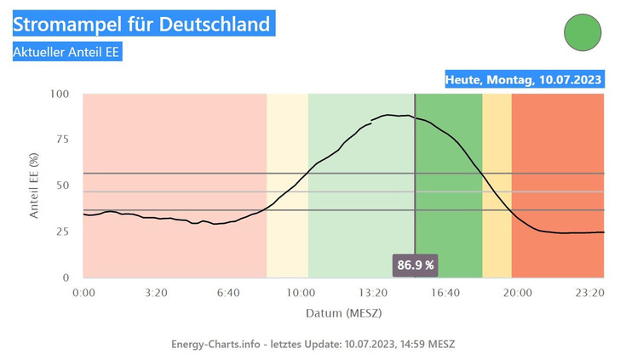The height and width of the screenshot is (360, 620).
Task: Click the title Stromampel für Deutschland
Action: coord(141,22)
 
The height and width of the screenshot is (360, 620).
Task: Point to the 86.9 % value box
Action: coord(416,265)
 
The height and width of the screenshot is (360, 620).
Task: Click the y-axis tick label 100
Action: coord(59,94)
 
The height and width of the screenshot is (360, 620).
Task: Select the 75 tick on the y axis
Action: coord(62,140)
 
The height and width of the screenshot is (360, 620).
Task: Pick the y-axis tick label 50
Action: coord(62,186)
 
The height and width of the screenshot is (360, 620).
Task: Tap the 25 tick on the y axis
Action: coord(62,231)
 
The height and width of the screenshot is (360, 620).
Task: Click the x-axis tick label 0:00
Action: coord(83,292)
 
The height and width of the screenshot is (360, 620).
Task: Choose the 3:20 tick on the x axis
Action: coord(156,292)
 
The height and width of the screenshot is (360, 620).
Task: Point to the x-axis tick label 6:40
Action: coord(228,292)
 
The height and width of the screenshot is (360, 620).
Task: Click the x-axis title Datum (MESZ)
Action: coord(344,313)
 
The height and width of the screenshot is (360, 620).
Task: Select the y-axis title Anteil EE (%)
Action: coord(34,186)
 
